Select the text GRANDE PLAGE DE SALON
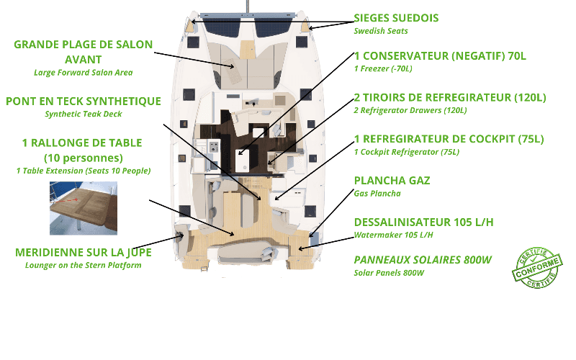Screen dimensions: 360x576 pos(84,45)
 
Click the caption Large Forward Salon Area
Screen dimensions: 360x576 pos(84,72)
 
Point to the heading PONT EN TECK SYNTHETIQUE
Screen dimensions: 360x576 pos(84,102)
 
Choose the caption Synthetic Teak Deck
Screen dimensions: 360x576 pos(84,114)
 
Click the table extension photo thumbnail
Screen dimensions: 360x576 pos(84,208)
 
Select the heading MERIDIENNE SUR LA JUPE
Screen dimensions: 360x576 pos(84,253)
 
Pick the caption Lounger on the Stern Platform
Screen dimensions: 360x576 pos(84,265)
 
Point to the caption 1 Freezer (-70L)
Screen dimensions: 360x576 pos(383,68)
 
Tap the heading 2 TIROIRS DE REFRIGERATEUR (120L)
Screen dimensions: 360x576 pos(450,97)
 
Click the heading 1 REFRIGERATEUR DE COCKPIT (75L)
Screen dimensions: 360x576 pos(449,139)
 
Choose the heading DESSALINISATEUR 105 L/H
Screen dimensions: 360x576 pos(423,222)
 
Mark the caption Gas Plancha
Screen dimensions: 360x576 pos(378,194)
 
